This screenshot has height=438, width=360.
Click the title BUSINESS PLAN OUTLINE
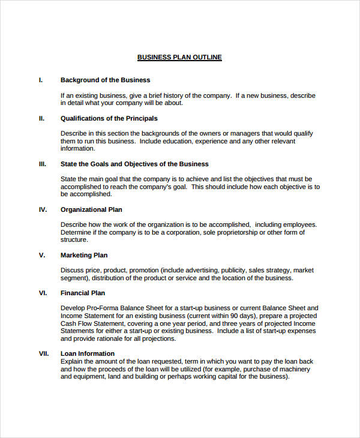(x=179, y=58)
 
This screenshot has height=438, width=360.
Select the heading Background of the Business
(x=105, y=80)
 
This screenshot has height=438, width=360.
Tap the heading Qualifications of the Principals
(x=109, y=118)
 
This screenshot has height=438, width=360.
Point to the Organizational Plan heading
(x=91, y=209)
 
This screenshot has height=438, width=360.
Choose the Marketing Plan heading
(x=84, y=255)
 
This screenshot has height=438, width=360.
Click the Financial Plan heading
(x=83, y=293)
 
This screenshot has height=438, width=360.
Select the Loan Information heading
(x=88, y=353)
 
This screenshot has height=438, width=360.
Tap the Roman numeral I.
(x=40, y=80)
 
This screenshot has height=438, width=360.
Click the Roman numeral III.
(x=42, y=164)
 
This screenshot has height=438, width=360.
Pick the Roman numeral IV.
(x=43, y=209)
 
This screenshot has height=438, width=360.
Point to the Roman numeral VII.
(x=43, y=353)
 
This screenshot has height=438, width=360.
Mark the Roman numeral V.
(x=41, y=255)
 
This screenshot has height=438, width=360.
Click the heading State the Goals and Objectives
(x=134, y=164)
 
